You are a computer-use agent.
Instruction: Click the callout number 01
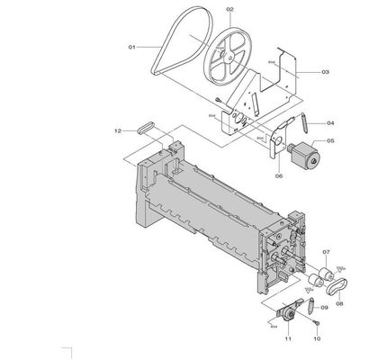pyautogui.click(x=131, y=46)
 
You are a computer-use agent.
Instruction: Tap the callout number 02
pyautogui.click(x=229, y=10)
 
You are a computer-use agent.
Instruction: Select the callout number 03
pyautogui.click(x=325, y=71)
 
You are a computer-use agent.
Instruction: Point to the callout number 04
pyautogui.click(x=330, y=122)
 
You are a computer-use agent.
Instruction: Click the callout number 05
pyautogui.click(x=330, y=140)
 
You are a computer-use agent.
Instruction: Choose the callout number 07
pyautogui.click(x=327, y=253)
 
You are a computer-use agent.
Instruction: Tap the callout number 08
pyautogui.click(x=339, y=304)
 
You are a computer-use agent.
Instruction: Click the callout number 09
pyautogui.click(x=325, y=307)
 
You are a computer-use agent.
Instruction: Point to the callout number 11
pyautogui.click(x=288, y=338)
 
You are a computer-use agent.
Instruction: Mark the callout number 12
pyautogui.click(x=117, y=131)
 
